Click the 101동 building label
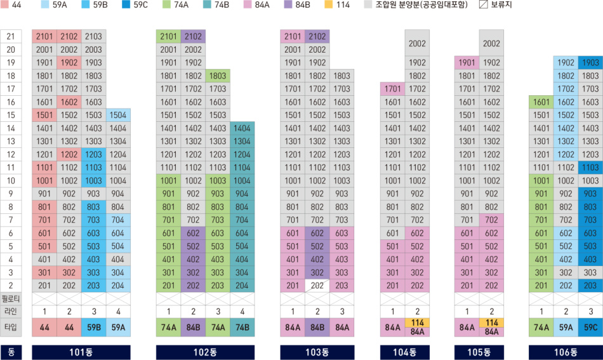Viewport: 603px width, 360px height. pos(81,352)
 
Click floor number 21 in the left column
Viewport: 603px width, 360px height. pos(10,36)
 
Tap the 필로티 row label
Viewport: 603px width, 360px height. pos(11,298)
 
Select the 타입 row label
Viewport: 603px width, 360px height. pos(11,327)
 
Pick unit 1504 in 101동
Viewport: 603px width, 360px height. pos(118,115)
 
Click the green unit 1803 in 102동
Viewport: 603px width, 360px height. pos(218,76)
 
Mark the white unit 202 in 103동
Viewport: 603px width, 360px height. pos(317,285)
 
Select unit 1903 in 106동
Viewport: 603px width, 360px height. pos(590,62)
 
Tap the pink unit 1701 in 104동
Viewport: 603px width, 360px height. pos(392,89)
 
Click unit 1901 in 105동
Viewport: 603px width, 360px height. pos(467,62)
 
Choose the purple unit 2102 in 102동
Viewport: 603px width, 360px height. pos(193,36)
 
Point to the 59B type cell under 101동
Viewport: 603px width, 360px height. pos(93,327)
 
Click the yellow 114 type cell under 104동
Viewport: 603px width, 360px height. pos(417,323)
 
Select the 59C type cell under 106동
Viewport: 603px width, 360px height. pos(590,327)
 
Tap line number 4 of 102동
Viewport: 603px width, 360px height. pos(242,311)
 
